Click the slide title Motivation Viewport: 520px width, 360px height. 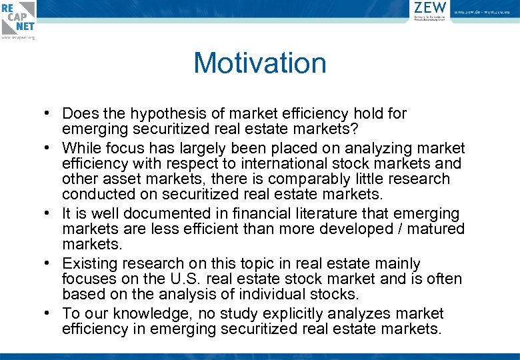[260, 63]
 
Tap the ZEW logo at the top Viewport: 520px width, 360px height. [430, 11]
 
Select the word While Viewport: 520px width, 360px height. [83, 148]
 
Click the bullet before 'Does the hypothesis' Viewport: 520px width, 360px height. [51, 114]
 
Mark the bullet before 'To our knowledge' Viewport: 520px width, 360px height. [51, 313]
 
